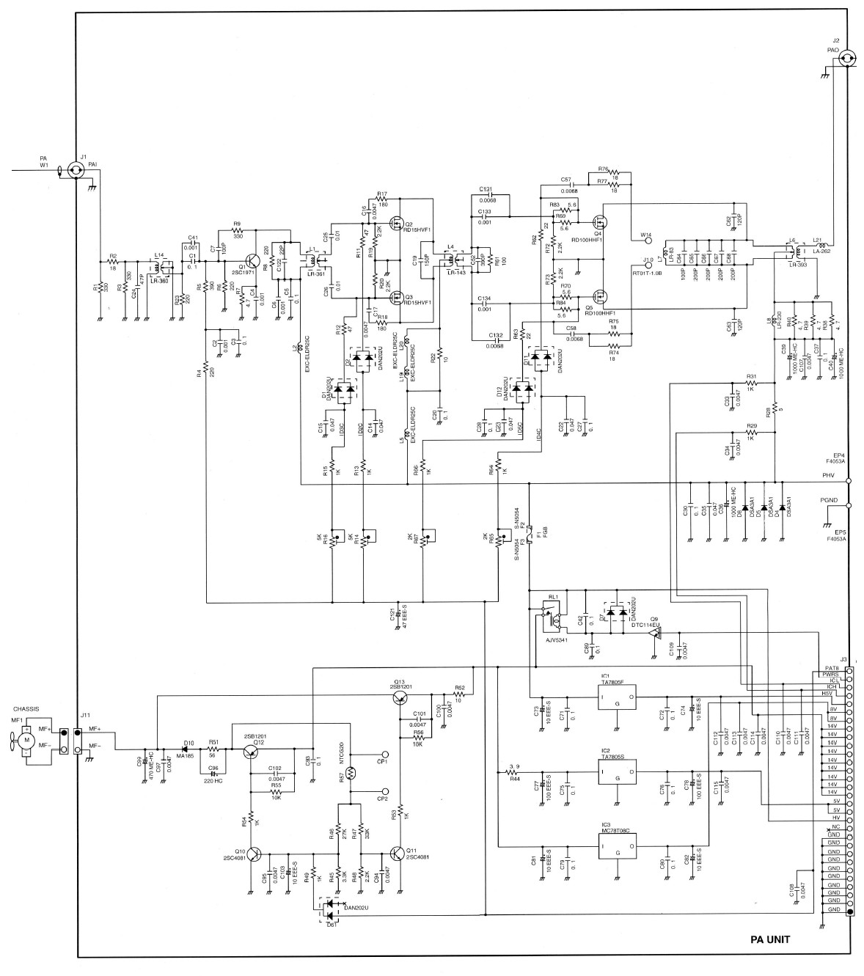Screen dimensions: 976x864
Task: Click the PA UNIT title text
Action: (770, 939)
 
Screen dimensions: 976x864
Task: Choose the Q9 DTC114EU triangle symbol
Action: (655, 632)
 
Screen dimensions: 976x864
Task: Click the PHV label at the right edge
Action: (830, 476)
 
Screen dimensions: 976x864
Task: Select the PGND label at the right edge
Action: (829, 500)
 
